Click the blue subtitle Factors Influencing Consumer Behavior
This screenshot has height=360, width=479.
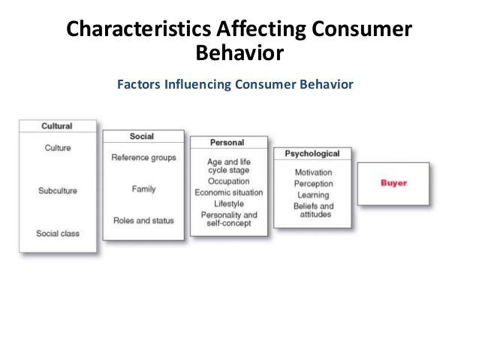click(x=234, y=84)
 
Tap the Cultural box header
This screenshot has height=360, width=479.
click(x=57, y=126)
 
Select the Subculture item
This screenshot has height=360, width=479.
click(x=57, y=191)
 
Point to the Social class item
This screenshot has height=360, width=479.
click(x=57, y=234)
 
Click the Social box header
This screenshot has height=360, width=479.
click(x=142, y=137)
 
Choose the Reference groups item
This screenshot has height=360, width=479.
click(x=143, y=158)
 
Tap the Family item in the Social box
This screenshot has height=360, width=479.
click(x=143, y=189)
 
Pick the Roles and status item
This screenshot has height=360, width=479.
click(x=143, y=221)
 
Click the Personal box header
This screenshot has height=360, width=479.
click(x=227, y=143)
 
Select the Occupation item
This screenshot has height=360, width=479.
click(x=228, y=181)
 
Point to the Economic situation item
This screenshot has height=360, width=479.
click(x=228, y=192)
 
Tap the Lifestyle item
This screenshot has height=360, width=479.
click(x=228, y=204)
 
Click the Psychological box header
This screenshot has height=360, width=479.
click(x=312, y=154)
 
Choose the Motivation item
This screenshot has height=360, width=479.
click(x=313, y=173)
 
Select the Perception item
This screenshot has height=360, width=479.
click(x=313, y=183)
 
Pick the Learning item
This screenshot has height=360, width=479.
click(x=313, y=195)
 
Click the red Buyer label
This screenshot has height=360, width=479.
click(x=393, y=183)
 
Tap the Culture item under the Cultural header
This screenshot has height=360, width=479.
click(x=57, y=148)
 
